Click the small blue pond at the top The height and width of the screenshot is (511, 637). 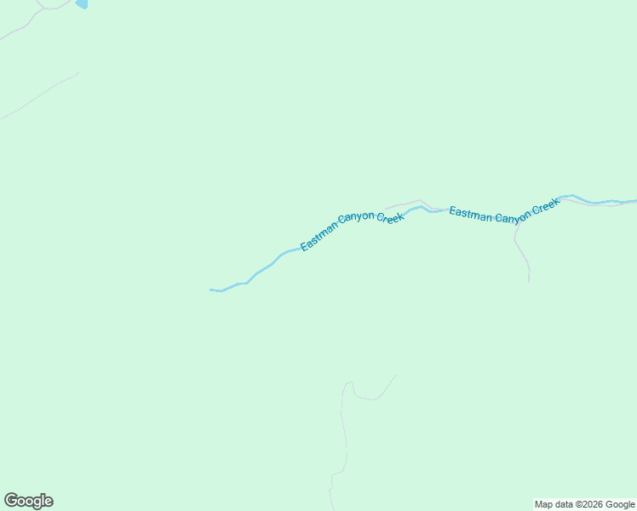pyautogui.click(x=82, y=3)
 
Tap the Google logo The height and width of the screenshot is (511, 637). pyautogui.click(x=29, y=501)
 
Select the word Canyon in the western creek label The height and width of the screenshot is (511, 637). pyautogui.click(x=356, y=219)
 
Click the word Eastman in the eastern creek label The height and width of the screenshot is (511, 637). pyautogui.click(x=470, y=214)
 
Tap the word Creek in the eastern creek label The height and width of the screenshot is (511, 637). pyautogui.click(x=545, y=207)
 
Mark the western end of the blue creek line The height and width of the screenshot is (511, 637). pyautogui.click(x=211, y=290)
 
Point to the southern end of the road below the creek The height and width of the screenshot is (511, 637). pyautogui.click(x=529, y=281)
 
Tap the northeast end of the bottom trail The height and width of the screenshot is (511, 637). pyautogui.click(x=395, y=376)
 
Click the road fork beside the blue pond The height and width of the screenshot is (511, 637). pyautogui.click(x=43, y=9)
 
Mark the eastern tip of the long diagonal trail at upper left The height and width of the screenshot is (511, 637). pyautogui.click(x=79, y=72)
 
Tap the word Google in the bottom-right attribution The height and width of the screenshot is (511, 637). pyautogui.click(x=620, y=504)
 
